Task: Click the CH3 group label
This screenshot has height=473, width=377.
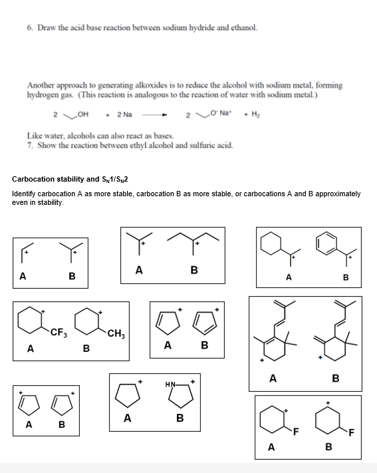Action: tap(114, 332)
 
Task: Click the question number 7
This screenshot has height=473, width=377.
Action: tap(30, 144)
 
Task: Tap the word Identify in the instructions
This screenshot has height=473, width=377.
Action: tap(25, 194)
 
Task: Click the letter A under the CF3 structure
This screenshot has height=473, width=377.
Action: tap(30, 347)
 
